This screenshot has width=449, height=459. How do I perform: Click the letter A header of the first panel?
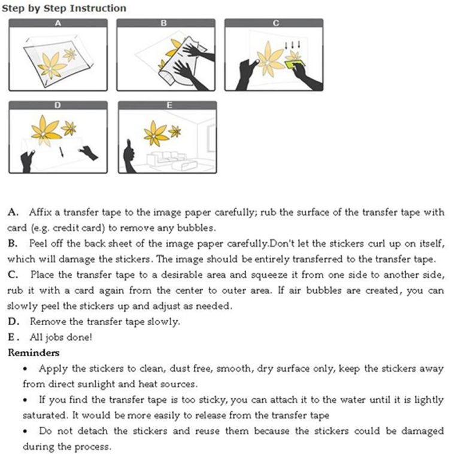(58, 23)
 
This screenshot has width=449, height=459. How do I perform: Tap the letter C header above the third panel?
(275, 23)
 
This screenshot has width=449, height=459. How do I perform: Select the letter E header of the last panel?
(169, 105)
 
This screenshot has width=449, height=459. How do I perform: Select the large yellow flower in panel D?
(45, 130)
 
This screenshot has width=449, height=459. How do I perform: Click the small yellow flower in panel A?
(70, 55)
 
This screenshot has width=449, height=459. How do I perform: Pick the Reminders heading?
(33, 353)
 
